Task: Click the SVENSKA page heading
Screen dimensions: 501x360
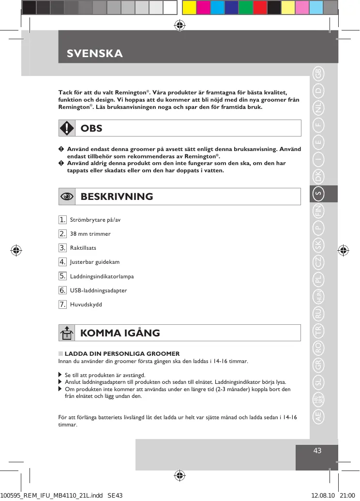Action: (x=95, y=53)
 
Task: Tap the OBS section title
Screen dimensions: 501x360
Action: (x=91, y=128)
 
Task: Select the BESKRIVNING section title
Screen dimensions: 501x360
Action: (x=117, y=197)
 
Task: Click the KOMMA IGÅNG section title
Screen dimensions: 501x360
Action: (x=120, y=333)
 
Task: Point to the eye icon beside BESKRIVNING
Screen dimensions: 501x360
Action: (x=67, y=197)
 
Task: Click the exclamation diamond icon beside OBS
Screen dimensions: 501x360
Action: (x=67, y=128)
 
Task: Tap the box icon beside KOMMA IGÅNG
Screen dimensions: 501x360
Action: (x=67, y=333)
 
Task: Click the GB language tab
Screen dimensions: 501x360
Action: (x=318, y=74)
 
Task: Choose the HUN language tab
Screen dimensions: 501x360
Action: (x=318, y=297)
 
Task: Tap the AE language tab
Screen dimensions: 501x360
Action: (x=318, y=417)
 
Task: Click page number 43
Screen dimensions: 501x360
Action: (x=317, y=451)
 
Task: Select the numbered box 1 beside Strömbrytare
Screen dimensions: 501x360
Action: (x=62, y=220)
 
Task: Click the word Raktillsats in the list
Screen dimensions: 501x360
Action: (x=83, y=248)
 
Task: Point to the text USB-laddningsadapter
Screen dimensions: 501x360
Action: (x=99, y=290)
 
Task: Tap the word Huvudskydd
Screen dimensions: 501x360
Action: (x=86, y=304)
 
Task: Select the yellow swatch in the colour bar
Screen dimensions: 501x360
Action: (x=189, y=7)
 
